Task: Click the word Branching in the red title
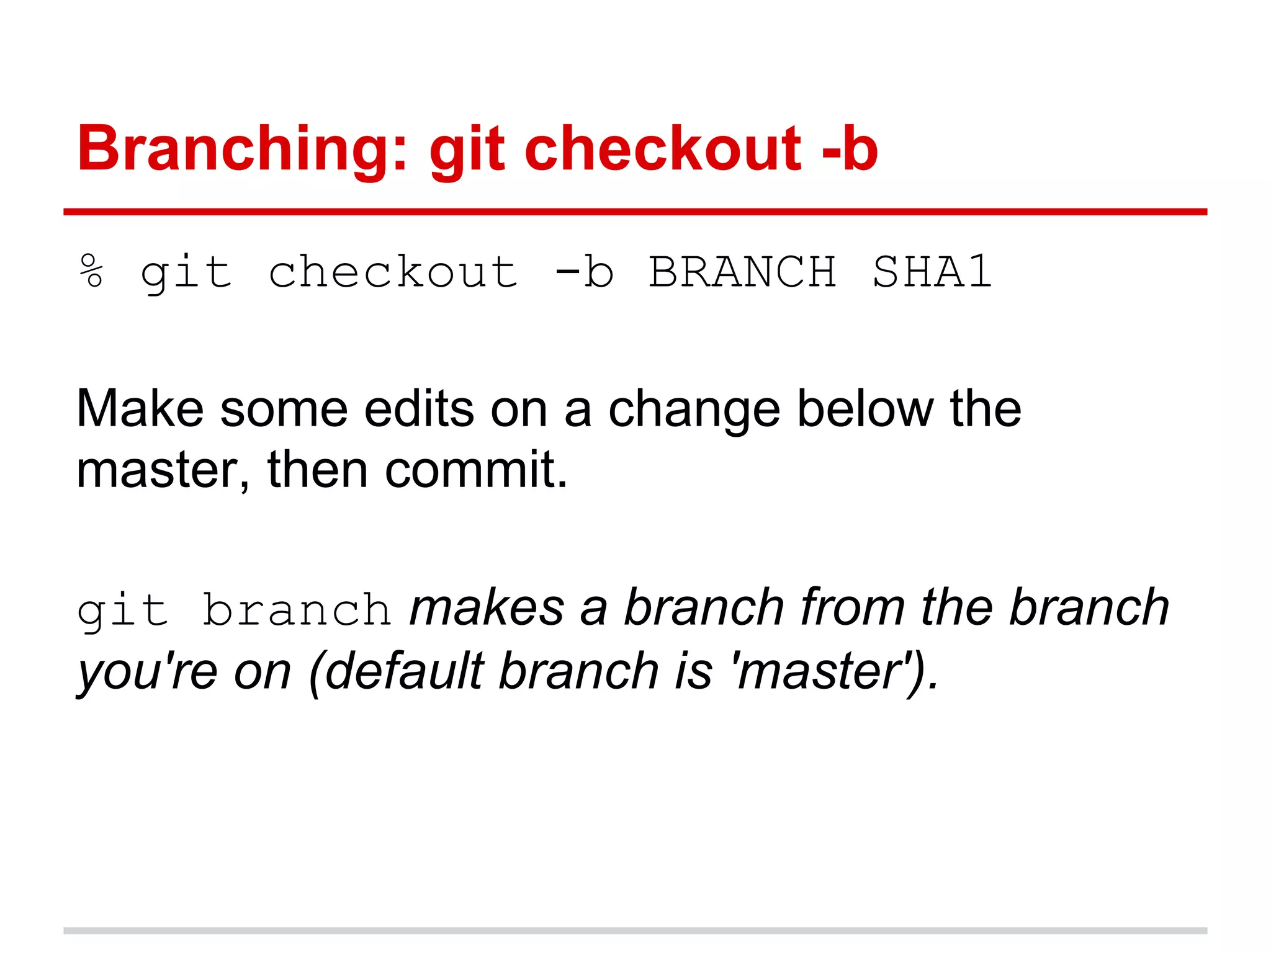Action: pos(242,149)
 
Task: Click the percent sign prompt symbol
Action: pos(91,271)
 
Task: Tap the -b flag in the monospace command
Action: pos(584,272)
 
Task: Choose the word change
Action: pos(694,410)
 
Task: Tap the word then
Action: pos(318,469)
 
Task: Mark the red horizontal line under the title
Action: pos(635,212)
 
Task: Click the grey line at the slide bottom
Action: pos(635,931)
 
